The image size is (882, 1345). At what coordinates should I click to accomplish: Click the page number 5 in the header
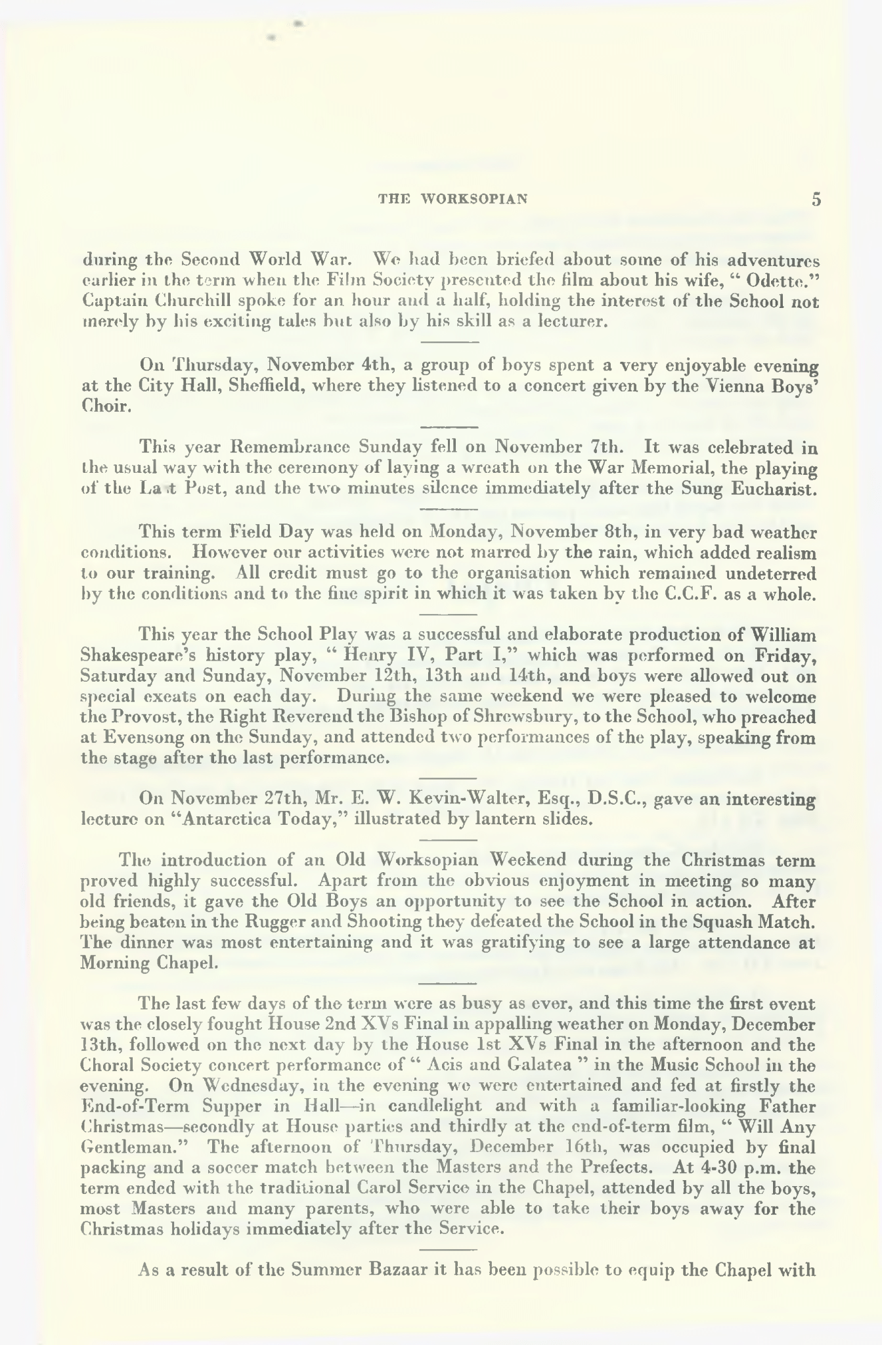pos(816,200)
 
